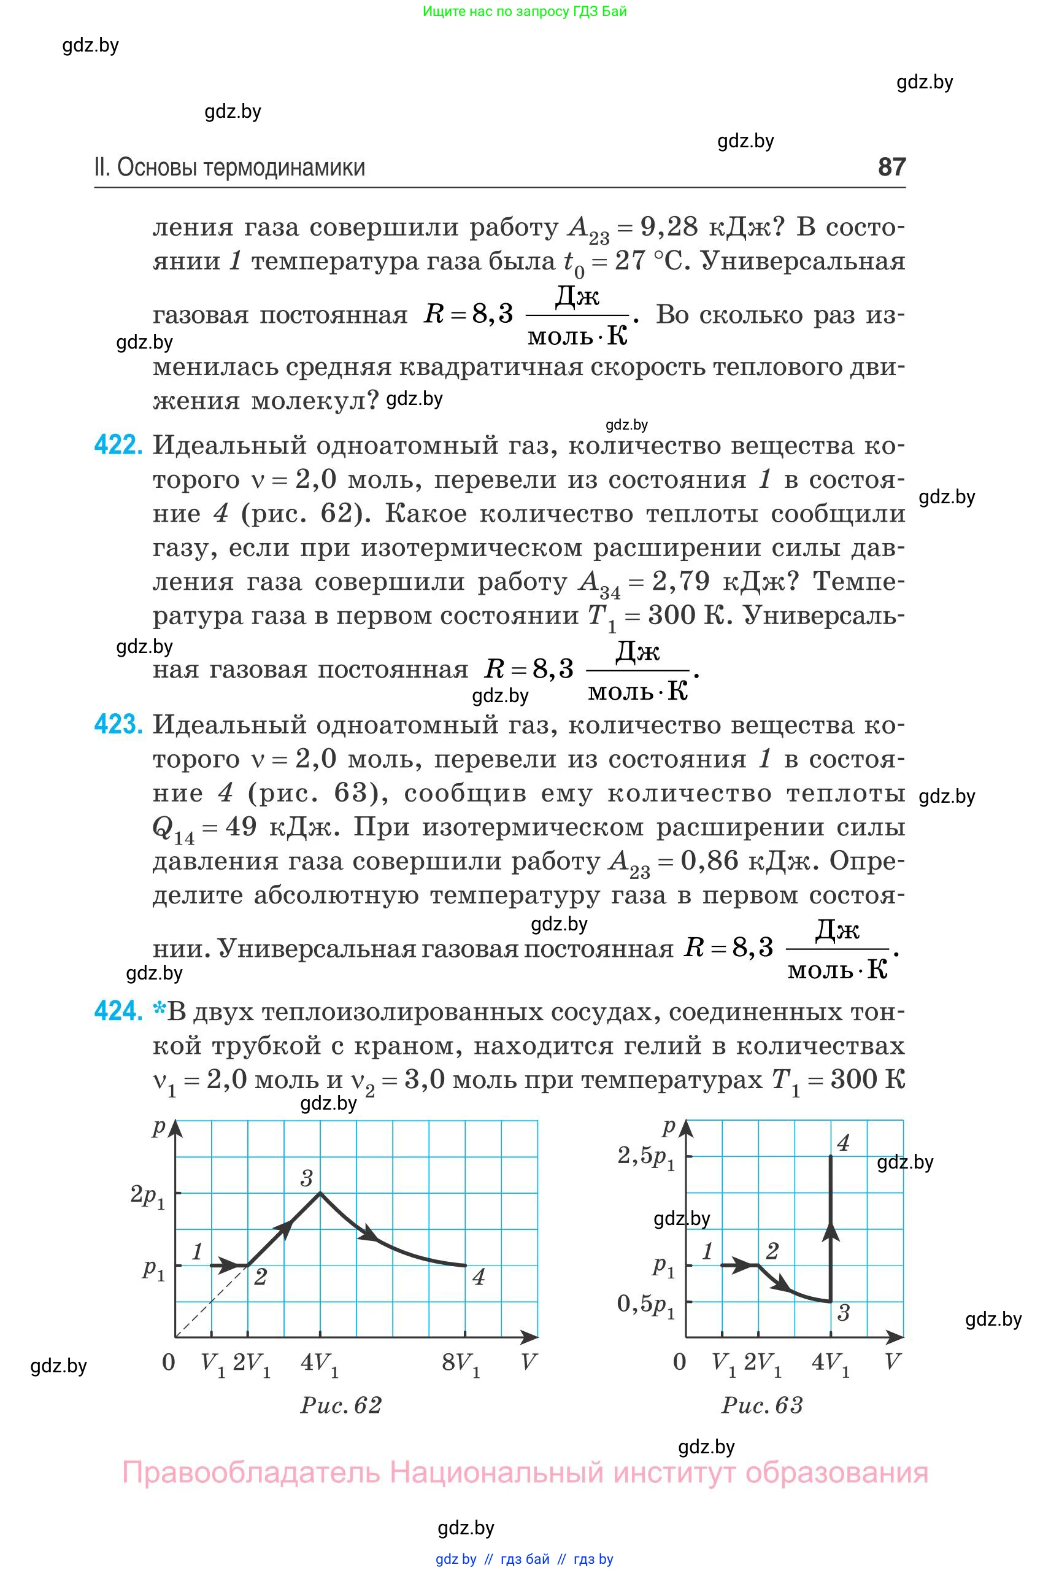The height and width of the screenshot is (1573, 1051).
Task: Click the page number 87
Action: tap(891, 166)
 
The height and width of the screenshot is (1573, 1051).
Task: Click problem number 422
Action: tap(118, 445)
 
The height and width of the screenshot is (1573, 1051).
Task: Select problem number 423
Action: tap(118, 725)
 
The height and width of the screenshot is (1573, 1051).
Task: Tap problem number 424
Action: tap(118, 1011)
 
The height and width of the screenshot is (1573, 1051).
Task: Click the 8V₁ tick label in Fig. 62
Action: tap(461, 1364)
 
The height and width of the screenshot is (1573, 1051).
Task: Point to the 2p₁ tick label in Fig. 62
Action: tap(147, 1196)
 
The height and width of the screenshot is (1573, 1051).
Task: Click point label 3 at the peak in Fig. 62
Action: tap(306, 1178)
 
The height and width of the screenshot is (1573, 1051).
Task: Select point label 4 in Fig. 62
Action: tap(478, 1277)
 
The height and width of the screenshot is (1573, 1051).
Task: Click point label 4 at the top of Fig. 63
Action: tap(843, 1143)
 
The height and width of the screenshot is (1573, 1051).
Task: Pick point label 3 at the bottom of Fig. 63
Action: tap(843, 1313)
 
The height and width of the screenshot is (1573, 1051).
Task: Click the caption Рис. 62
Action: tap(341, 1405)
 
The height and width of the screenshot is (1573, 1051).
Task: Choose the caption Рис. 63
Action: tap(762, 1405)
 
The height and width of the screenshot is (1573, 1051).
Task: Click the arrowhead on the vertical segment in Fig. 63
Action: tap(831, 1231)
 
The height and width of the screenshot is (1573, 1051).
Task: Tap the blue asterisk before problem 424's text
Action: tap(159, 1009)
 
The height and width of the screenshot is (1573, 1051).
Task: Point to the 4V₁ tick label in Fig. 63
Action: tap(831, 1363)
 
